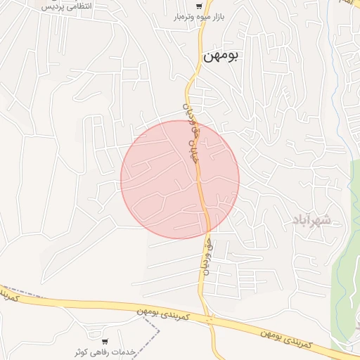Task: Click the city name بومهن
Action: (x=221, y=57)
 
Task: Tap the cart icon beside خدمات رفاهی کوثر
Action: (x=105, y=341)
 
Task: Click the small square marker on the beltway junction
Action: (x=210, y=319)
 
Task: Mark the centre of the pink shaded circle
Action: (x=180, y=179)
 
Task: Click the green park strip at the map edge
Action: (x=346, y=232)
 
